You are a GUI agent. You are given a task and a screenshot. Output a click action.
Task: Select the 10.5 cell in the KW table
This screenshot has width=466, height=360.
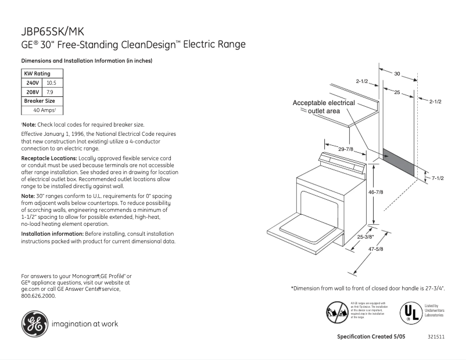tap(51, 83)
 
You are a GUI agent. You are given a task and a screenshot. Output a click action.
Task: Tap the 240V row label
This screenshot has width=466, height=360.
tap(33, 83)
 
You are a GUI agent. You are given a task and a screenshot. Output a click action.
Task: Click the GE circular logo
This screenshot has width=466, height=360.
tap(35, 324)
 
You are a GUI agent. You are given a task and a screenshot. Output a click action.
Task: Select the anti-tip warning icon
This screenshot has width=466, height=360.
tap(338, 311)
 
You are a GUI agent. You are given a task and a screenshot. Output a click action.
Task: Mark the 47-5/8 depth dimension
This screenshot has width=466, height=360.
tap(376, 250)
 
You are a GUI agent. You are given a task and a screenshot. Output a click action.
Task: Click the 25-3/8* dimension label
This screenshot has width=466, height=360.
tap(366, 237)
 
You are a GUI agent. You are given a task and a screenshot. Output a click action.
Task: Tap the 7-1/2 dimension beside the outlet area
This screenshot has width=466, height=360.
tap(437, 178)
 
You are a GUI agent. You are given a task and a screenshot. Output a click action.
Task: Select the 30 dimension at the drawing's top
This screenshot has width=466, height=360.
tap(397, 74)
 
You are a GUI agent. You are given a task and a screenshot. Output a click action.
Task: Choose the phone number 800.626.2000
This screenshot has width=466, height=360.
tap(38, 296)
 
